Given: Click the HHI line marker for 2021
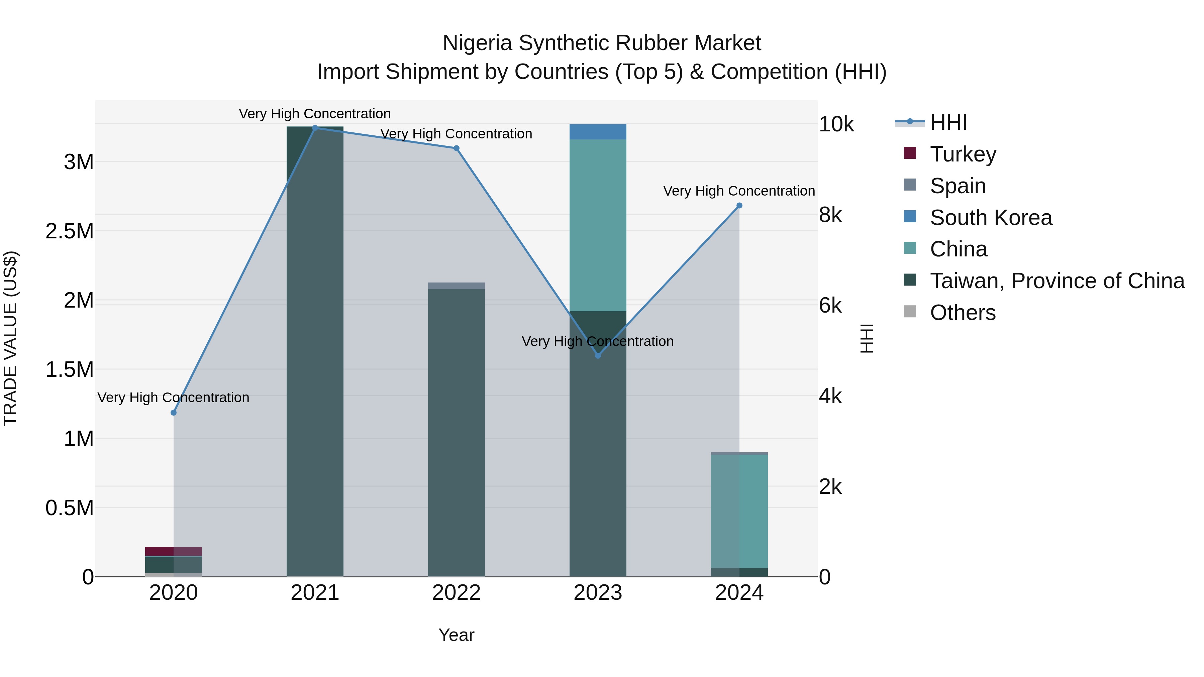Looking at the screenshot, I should point(315,128).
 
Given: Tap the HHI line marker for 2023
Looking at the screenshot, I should point(598,356).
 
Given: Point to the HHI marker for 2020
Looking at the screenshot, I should point(173,413).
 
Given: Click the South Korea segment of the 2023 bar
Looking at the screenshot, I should point(598,132).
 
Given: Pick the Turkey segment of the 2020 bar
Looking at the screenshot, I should point(173,551).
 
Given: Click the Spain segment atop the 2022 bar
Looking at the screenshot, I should point(456,286).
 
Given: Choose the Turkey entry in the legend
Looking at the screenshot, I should point(963,154).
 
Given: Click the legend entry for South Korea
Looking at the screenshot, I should point(991,218).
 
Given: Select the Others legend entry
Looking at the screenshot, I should point(963,313).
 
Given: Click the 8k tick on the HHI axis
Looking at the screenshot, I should point(830,215).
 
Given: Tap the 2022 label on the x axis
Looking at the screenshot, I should point(456,593).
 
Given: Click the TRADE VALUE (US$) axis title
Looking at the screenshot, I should point(10,338).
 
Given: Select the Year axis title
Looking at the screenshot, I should point(456,635).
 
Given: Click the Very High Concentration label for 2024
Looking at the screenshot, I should point(739,191).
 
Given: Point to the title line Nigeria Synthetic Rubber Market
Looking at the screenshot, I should point(602,43).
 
